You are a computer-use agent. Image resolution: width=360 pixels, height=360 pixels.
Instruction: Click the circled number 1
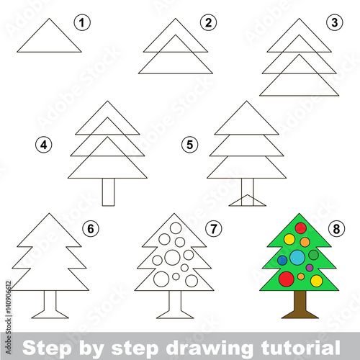[x=82, y=23]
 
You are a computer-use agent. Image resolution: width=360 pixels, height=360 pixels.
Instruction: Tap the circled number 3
[x=335, y=23]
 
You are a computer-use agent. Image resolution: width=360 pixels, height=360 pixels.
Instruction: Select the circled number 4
[x=44, y=145]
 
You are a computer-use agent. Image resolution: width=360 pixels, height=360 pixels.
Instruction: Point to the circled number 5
[x=190, y=145]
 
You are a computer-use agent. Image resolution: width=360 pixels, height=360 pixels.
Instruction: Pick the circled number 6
[x=91, y=228]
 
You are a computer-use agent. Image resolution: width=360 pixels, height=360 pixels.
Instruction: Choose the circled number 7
[x=214, y=228]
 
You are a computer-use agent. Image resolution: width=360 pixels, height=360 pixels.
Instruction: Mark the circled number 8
[x=336, y=228]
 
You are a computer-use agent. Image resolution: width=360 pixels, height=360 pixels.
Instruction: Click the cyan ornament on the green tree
[x=297, y=257]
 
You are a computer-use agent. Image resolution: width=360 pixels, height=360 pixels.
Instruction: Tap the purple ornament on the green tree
[x=310, y=267]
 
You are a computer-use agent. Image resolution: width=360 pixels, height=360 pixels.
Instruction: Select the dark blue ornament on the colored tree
[x=282, y=260]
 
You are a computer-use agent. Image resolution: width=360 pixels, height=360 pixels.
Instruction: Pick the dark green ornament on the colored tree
[x=313, y=255]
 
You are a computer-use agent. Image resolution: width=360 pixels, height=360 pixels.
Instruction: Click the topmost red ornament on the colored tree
[x=301, y=228]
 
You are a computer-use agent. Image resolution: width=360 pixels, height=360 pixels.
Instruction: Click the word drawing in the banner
[x=209, y=348]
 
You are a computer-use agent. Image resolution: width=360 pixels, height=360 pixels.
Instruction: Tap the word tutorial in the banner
[x=300, y=348]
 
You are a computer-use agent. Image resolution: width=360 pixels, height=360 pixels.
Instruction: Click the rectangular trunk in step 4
[x=108, y=192]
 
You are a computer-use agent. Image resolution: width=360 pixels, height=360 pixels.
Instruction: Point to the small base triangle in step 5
[x=248, y=200]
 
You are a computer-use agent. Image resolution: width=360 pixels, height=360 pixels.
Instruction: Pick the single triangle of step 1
[x=49, y=35]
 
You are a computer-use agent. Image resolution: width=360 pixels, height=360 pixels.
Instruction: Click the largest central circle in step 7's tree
[x=172, y=257]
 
